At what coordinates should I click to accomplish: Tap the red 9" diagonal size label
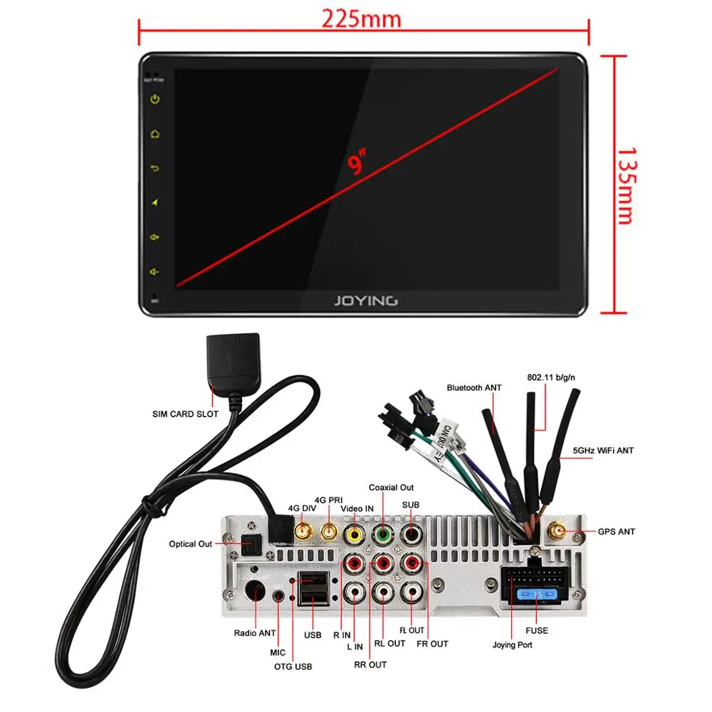tap(356, 163)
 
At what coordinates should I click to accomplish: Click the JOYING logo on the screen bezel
tap(366, 300)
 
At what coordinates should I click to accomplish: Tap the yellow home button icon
tap(155, 134)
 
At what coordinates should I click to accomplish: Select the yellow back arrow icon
tap(155, 169)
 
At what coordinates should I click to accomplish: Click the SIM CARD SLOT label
tap(185, 414)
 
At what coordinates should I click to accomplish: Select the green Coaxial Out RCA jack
tap(382, 533)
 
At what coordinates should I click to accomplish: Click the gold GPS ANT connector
tap(555, 531)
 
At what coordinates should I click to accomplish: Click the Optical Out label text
tap(190, 544)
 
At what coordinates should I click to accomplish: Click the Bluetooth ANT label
tap(474, 387)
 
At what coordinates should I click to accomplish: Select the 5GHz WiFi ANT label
tap(603, 451)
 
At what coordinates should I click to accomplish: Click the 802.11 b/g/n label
tap(553, 377)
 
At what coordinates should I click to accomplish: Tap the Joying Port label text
tap(512, 645)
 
